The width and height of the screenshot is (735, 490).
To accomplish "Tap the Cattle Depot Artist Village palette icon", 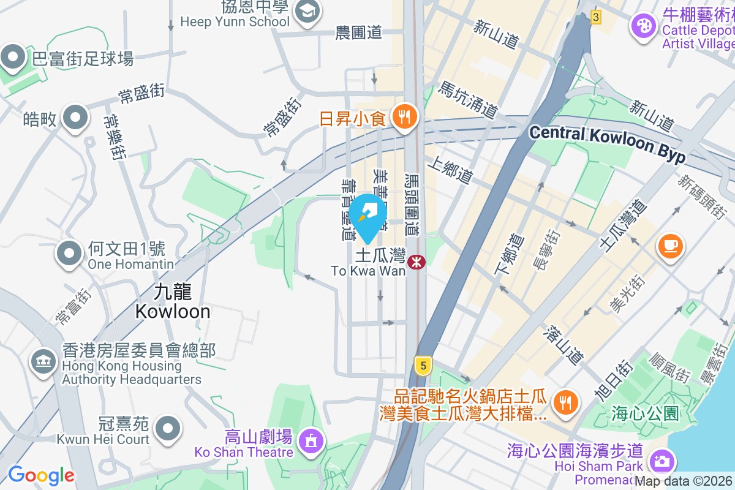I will point(644,26).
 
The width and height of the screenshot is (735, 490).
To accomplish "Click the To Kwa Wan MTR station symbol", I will point(417,262).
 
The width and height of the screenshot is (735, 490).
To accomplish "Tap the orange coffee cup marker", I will point(670,246).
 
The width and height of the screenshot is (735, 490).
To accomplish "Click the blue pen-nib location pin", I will point(367,214).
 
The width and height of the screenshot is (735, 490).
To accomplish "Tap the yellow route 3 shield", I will point(595,17).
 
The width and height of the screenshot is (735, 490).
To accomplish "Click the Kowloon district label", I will point(172,303).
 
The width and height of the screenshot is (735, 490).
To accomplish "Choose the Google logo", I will point(41,475).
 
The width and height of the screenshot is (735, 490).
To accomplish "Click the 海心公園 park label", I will point(645,413).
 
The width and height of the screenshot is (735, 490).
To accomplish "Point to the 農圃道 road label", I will point(359,33).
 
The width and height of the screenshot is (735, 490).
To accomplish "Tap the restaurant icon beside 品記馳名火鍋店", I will point(563,402).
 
